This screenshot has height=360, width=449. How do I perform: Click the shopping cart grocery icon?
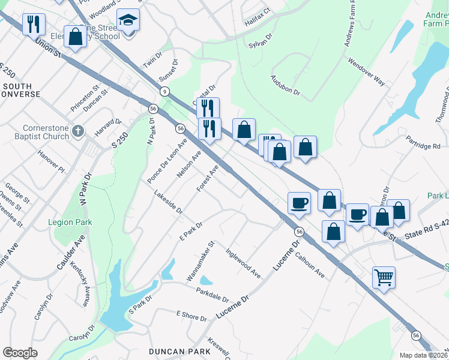[384, 278]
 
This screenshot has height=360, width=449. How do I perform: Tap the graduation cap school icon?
[128, 20]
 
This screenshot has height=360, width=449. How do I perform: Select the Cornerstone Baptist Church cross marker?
[77, 131]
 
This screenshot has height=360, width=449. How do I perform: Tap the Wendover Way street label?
[366, 71]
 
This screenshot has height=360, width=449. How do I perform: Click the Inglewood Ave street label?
[243, 263]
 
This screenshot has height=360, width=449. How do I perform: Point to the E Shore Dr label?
[191, 315]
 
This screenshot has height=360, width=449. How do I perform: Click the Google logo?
[20, 352]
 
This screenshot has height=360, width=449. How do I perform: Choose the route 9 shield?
[163, 91]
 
